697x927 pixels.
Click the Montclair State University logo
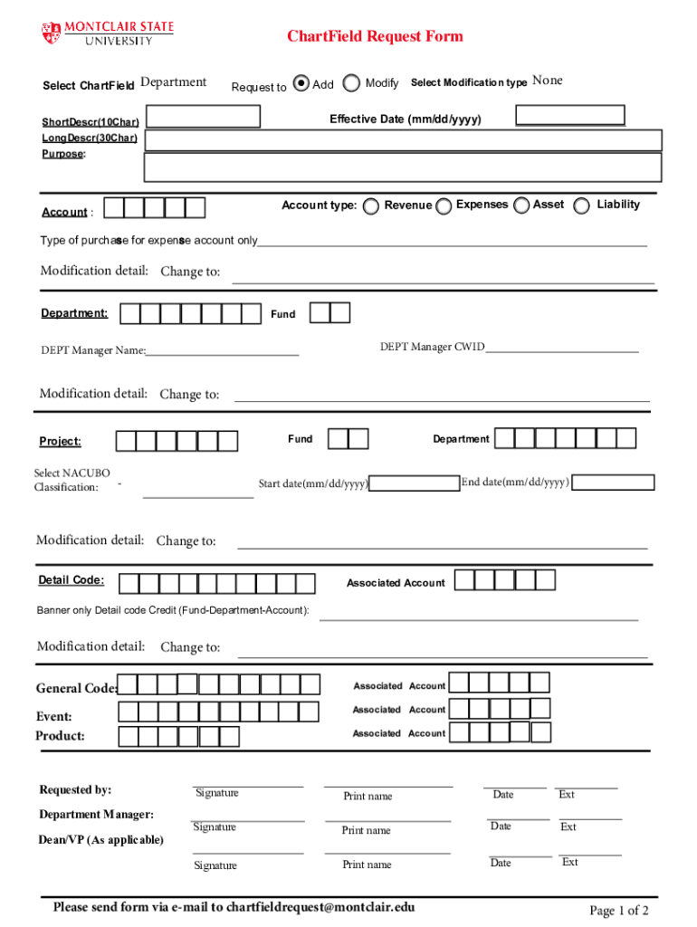coord(107,33)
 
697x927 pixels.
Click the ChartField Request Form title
coord(375,36)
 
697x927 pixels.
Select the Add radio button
coord(302,83)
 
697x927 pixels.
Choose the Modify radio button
coord(351,83)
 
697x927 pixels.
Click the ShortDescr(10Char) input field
coord(204,117)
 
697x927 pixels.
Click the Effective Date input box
coord(569,115)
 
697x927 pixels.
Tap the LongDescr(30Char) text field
coord(404,139)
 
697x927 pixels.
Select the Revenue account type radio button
coord(371,206)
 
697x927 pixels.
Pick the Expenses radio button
coord(444,206)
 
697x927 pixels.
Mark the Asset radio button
coord(521,206)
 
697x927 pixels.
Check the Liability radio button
coord(581,206)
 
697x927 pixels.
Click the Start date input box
coord(415,483)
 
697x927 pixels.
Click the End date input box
coord(615,483)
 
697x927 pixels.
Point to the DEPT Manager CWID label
coord(432,347)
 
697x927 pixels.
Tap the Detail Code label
coord(71,580)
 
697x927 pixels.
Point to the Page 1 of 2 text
coord(618,910)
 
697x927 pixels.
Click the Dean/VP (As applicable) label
coord(101,840)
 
